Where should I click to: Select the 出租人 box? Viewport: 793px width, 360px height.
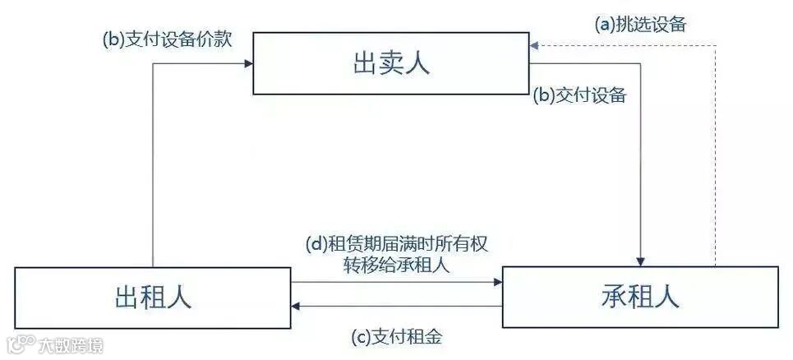click(x=153, y=296)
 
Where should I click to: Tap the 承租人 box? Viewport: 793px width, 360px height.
click(x=640, y=297)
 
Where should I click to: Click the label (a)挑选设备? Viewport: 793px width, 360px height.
click(x=640, y=24)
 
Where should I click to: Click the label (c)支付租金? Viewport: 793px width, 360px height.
click(x=398, y=336)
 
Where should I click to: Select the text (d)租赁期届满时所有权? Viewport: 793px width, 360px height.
click(x=398, y=245)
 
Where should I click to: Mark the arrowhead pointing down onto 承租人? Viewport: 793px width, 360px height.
click(x=641, y=261)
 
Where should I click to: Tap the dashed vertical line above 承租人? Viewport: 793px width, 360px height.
click(x=716, y=156)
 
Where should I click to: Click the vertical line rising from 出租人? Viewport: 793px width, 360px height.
click(x=153, y=164)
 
